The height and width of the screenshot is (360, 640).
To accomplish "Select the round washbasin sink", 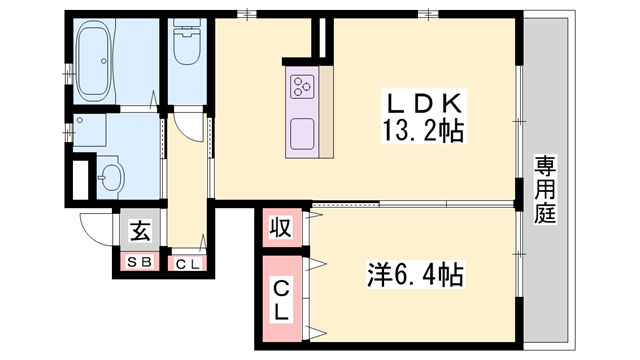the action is (109, 178).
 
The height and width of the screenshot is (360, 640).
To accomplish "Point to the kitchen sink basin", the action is (302, 130).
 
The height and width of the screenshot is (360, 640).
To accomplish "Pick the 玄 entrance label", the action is (139, 231).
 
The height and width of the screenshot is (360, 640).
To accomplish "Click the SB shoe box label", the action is (139, 263).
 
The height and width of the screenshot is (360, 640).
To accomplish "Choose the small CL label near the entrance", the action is (187, 263).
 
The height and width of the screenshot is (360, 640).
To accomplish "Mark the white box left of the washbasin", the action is (78, 179).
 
